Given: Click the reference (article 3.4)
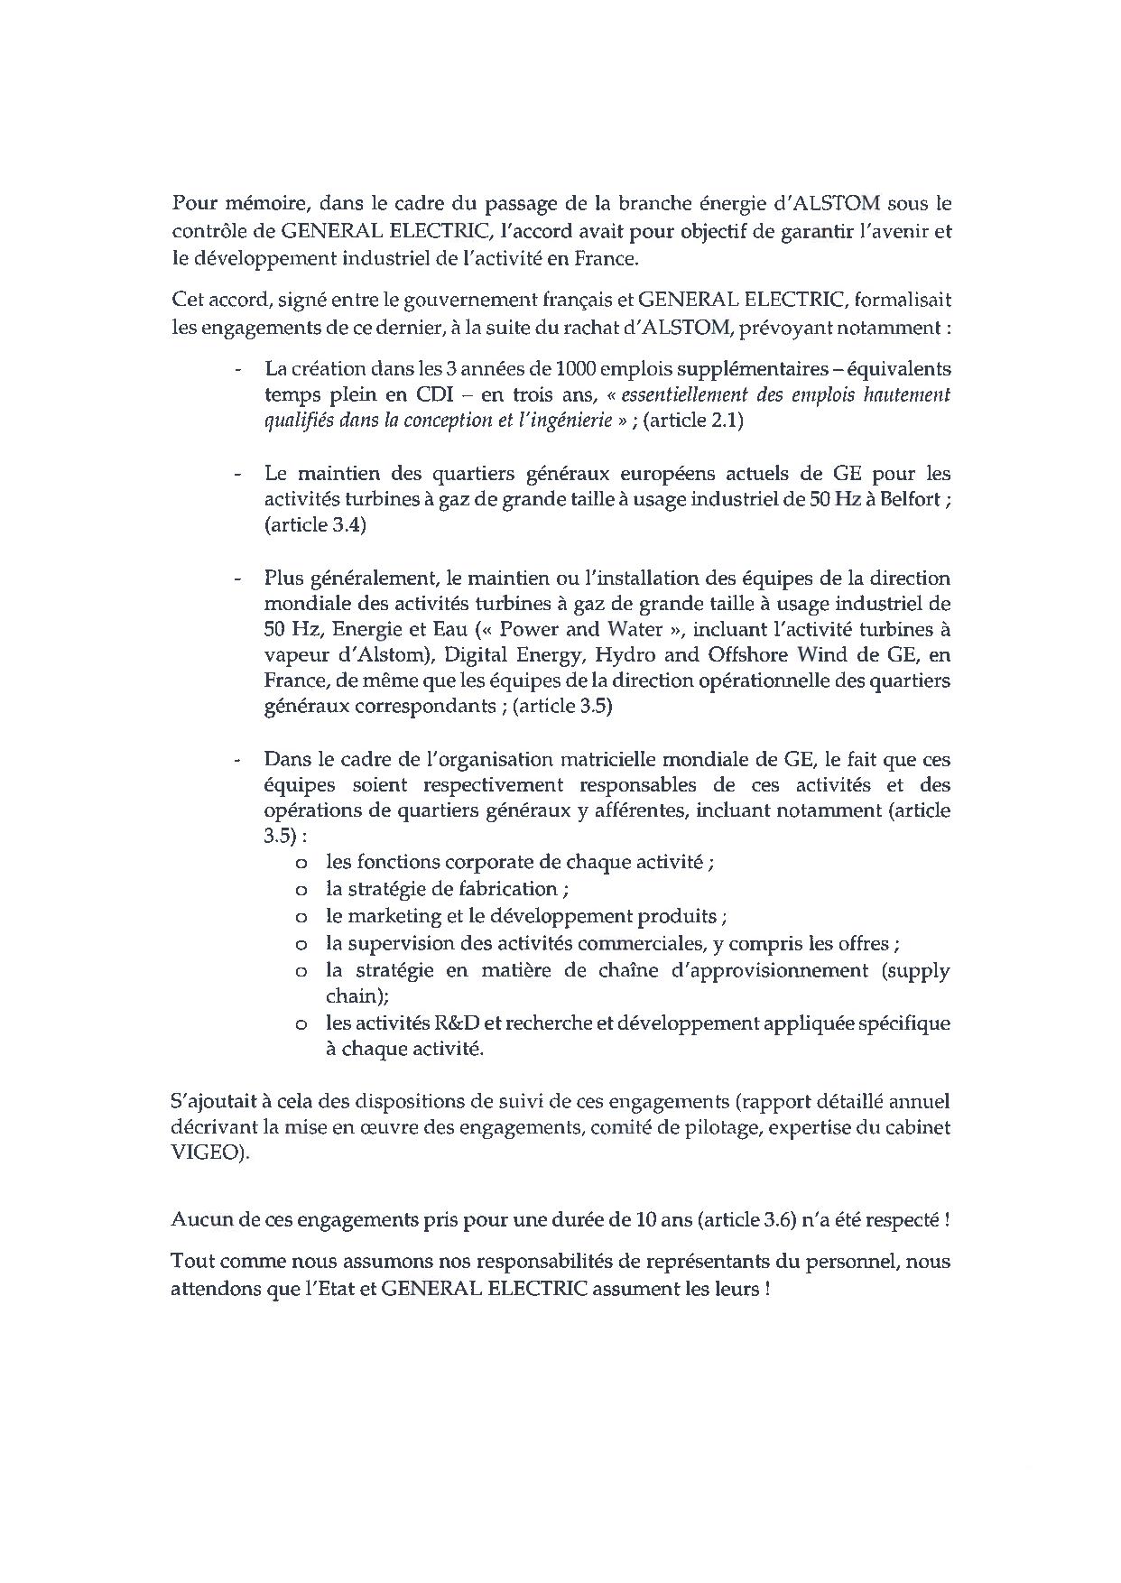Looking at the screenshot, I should [315, 525].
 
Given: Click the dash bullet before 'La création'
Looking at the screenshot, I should [237, 369].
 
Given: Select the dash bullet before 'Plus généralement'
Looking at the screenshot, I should [237, 578].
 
